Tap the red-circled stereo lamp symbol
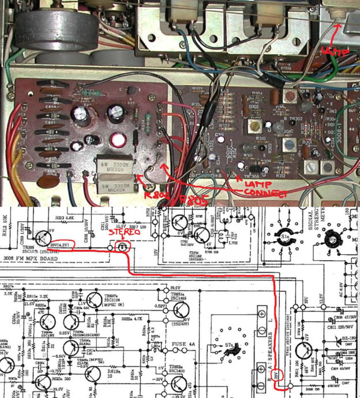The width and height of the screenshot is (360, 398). click(122, 246)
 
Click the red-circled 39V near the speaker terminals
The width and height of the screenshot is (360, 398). click(278, 376)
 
